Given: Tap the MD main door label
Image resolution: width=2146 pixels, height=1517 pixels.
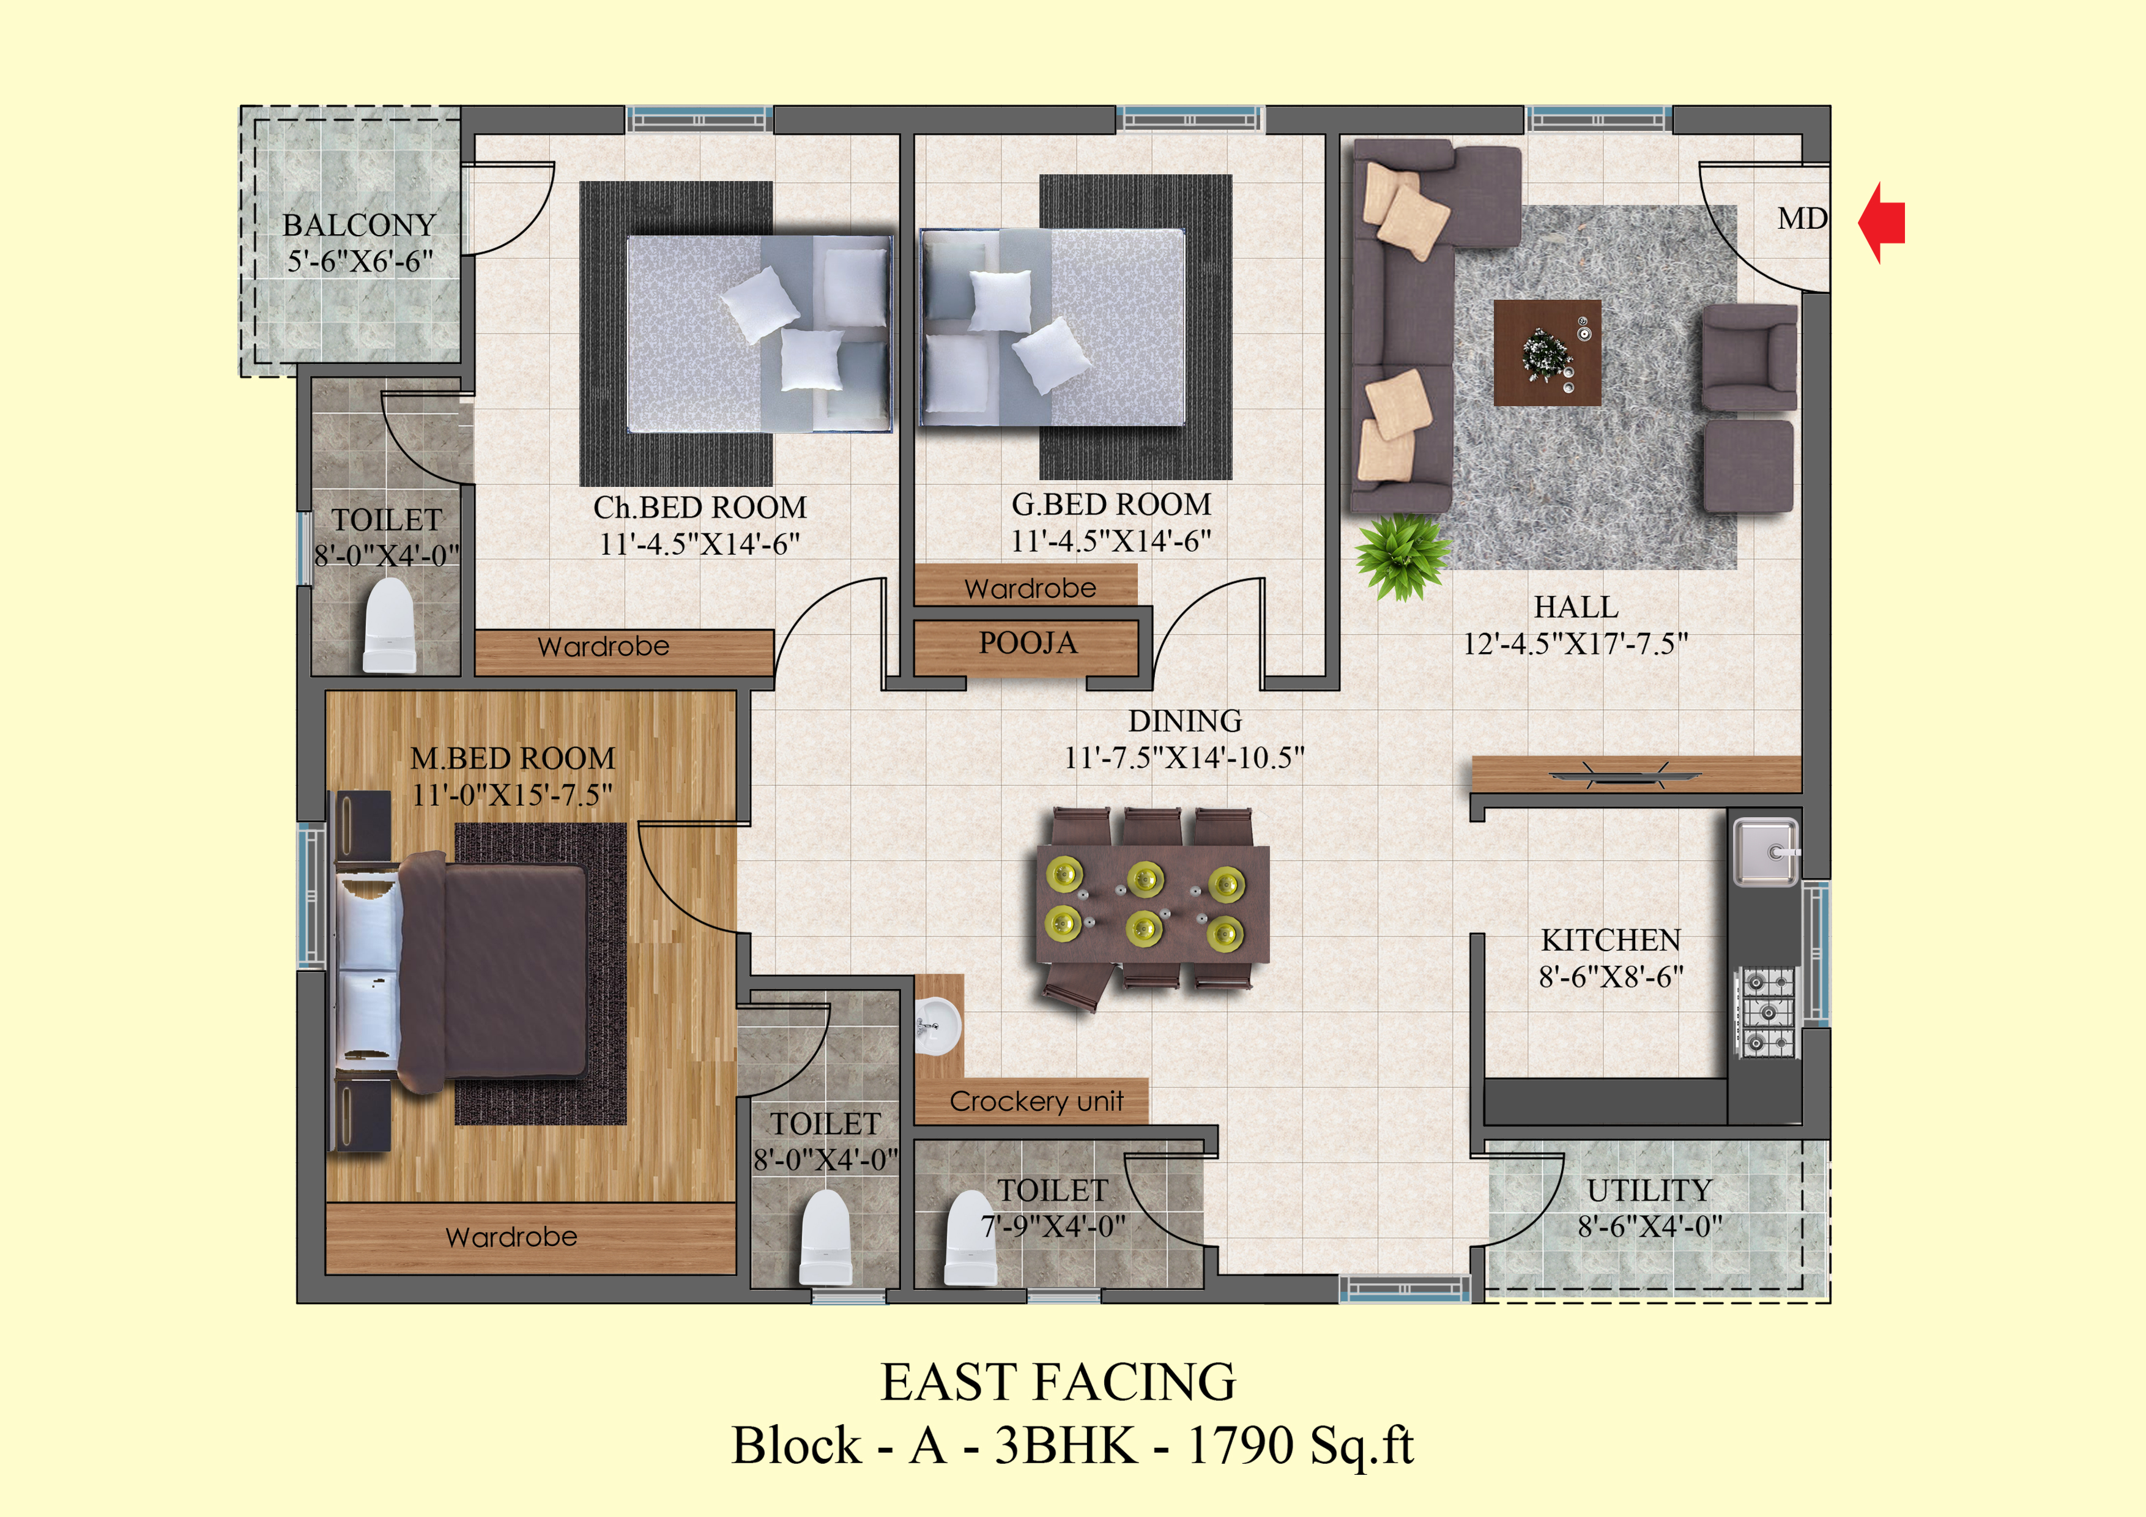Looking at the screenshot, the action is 1802,219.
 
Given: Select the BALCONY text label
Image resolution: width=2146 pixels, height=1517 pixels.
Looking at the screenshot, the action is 360,225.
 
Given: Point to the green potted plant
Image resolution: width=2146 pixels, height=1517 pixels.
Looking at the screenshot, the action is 1402,556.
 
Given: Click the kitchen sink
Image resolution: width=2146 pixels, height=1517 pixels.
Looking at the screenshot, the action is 1765,851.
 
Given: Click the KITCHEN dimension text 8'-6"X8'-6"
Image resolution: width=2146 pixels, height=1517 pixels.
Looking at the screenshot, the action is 1611,977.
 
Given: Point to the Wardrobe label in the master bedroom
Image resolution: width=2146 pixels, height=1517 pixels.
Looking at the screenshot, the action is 512,1237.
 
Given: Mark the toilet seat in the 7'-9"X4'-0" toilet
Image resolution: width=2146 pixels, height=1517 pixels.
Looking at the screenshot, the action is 971,1237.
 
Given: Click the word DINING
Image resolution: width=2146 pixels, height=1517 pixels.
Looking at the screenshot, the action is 1185,721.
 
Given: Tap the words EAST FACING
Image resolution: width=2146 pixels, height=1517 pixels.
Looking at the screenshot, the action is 1058,1381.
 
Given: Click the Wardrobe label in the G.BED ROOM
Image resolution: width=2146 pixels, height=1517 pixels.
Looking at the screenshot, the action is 1030,588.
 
